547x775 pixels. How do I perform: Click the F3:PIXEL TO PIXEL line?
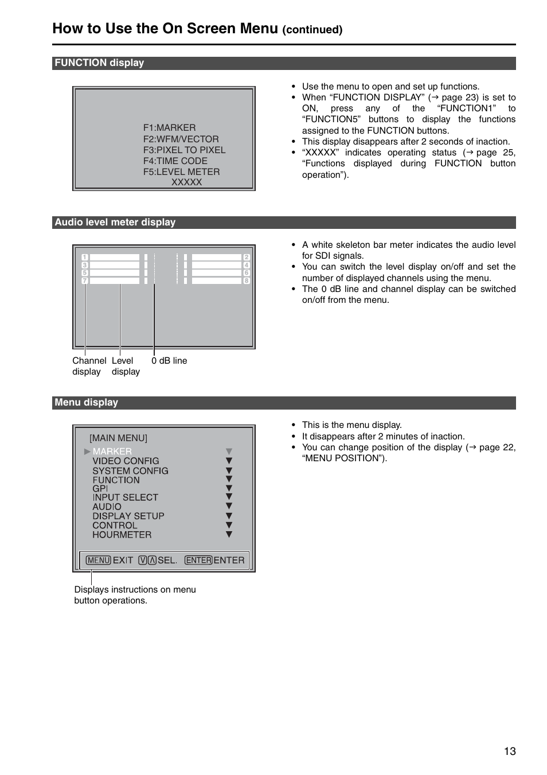[x=184, y=150]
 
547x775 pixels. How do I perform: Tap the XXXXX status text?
[x=186, y=182]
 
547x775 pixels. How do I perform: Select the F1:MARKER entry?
[x=169, y=127]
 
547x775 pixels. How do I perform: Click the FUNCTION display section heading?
[x=99, y=63]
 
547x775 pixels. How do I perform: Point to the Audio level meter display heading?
[x=115, y=223]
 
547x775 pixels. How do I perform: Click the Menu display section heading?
[x=86, y=403]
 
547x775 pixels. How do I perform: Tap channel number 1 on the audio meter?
[x=85, y=258]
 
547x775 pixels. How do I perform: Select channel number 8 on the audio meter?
[x=247, y=281]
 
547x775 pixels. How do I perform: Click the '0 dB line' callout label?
[x=169, y=361]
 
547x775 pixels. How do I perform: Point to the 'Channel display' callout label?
[x=88, y=366]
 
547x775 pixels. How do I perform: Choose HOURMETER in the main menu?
[x=122, y=535]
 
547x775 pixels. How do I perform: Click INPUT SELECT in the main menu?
[x=125, y=497]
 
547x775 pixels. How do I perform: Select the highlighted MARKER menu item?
[x=112, y=451]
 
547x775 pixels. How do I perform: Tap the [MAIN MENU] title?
[x=118, y=438]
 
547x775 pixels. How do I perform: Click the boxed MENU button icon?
[x=98, y=560]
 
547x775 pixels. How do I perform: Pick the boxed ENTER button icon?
[x=198, y=560]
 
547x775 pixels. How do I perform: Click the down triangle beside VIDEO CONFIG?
[x=229, y=461]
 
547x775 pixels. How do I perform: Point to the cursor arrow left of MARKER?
[x=87, y=451]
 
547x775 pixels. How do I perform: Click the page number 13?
[x=510, y=751]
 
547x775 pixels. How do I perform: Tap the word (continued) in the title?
[x=312, y=30]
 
